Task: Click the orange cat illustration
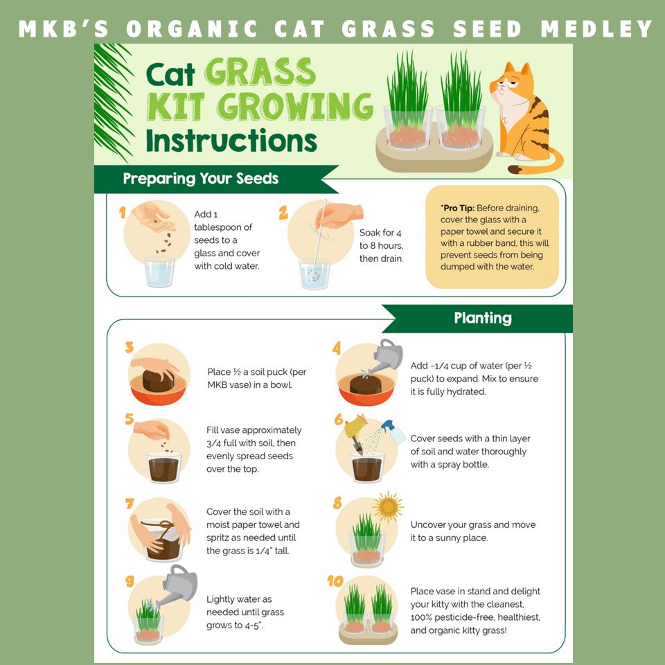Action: (x=524, y=118)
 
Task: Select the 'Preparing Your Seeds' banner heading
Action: (x=201, y=179)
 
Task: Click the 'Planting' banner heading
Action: (x=483, y=318)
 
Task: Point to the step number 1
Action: (x=123, y=213)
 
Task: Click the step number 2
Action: (x=283, y=213)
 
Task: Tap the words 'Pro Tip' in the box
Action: (x=458, y=208)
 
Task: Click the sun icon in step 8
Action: (x=387, y=508)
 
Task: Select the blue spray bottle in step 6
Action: (x=393, y=432)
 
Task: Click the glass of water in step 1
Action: (x=160, y=272)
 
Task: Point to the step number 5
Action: (x=129, y=419)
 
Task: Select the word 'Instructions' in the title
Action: (x=231, y=140)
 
